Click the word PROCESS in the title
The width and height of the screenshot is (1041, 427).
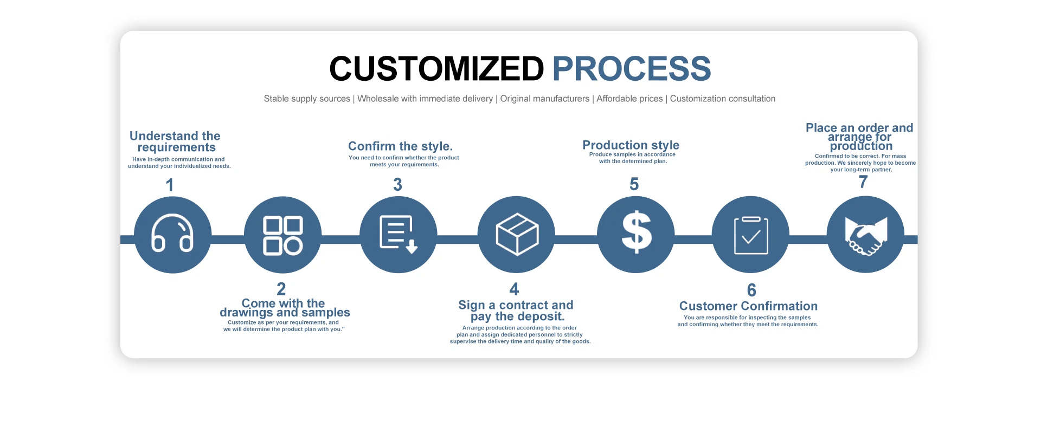coord(632,69)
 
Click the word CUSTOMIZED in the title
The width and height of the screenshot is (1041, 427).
coord(436,69)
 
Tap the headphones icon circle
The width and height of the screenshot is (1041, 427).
coord(172,235)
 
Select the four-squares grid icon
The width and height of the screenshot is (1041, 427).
coord(282,235)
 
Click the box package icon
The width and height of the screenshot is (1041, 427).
coord(517,234)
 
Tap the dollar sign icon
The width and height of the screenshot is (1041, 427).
coord(637,232)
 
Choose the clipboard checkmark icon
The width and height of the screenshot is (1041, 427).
coord(751,235)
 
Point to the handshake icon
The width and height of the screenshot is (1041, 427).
coord(866,236)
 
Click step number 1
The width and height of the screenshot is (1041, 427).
coord(170,185)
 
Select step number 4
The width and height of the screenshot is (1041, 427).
coord(514,289)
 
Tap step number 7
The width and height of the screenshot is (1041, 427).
coord(863,182)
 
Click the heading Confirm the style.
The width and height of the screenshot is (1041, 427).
coord(400,146)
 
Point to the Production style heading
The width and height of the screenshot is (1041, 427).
coord(631,145)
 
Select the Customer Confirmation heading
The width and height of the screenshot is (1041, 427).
coord(748,306)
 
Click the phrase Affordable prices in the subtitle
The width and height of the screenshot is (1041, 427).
coord(629,99)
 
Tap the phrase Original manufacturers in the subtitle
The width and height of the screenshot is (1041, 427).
coord(544,99)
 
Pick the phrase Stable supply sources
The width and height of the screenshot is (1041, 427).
coord(307,99)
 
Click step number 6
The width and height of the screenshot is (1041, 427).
coord(751,290)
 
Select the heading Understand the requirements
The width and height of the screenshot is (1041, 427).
coord(175,141)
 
